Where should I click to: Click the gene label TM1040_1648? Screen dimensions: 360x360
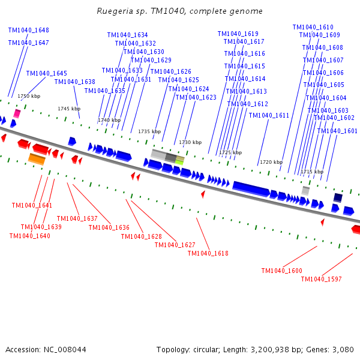[x=29, y=30]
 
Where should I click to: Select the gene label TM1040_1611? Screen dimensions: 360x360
[x=269, y=115]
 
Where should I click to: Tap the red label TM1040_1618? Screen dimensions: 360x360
[x=208, y=253]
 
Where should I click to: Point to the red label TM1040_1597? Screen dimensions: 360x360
[x=321, y=279]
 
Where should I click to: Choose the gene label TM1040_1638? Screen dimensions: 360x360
[x=75, y=82]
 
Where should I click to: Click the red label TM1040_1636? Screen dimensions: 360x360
[x=109, y=227]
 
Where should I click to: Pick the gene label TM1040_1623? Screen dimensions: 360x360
[x=196, y=97]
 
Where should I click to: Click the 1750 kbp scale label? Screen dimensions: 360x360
[x=29, y=96]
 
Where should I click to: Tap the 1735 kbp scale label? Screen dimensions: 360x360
[x=149, y=131]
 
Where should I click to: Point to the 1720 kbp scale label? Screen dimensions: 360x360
[x=271, y=162]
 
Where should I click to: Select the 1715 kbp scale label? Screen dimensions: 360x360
[x=312, y=172]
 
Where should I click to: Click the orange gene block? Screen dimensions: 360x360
[x=37, y=159]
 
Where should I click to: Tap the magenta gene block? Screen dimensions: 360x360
[x=17, y=113]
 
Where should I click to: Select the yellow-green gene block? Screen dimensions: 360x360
[x=179, y=160]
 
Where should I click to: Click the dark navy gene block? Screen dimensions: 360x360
[x=338, y=197]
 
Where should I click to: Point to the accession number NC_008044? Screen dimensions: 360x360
[x=64, y=349]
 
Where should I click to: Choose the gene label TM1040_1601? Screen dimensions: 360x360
[x=337, y=131]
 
